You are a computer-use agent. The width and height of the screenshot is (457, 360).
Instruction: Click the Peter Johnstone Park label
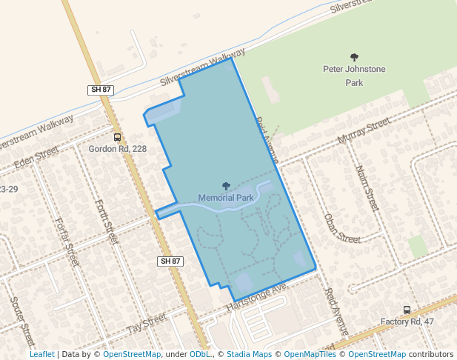tap(354, 76)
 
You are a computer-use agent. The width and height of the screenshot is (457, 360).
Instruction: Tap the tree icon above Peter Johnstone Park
tap(354, 57)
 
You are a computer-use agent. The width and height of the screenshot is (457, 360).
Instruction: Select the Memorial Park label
tap(226, 198)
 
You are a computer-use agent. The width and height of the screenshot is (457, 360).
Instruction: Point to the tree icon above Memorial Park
tap(226, 186)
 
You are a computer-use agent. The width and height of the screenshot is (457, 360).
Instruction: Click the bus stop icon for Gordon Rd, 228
tap(117, 137)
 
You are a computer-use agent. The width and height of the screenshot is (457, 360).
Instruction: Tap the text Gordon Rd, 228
tap(118, 149)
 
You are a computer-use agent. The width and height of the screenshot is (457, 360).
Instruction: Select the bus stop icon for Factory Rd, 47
tap(406, 310)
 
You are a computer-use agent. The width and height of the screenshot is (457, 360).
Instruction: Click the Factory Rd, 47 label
tap(407, 322)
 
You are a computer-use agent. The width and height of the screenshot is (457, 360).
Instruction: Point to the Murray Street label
tap(362, 130)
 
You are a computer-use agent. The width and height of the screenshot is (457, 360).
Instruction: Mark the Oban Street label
tap(341, 228)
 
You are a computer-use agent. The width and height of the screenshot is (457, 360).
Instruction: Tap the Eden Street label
tap(35, 156)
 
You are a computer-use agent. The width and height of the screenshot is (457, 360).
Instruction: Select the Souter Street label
tap(22, 322)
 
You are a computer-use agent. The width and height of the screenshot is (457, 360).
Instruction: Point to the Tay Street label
tap(146, 324)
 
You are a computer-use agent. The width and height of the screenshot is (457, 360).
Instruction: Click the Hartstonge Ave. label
tap(256, 297)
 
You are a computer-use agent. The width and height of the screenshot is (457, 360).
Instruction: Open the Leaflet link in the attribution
tap(41, 354)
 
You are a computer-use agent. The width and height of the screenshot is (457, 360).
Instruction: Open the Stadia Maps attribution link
tap(249, 354)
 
